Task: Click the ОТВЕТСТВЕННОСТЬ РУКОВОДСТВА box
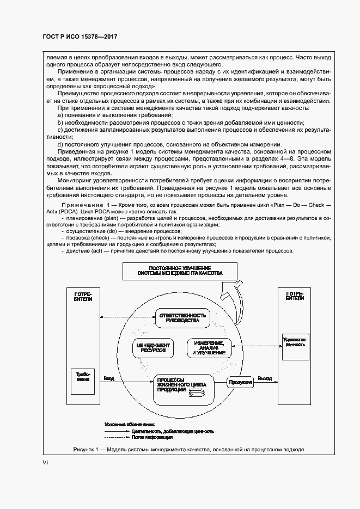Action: [182, 318]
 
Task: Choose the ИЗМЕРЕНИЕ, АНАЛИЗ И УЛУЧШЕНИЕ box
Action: [209, 348]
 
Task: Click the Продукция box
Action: [240, 382]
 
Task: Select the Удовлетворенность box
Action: [294, 341]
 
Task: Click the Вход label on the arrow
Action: [109, 378]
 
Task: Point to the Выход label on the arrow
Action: [265, 378]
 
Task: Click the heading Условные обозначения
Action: [129, 424]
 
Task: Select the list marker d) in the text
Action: [60, 144]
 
